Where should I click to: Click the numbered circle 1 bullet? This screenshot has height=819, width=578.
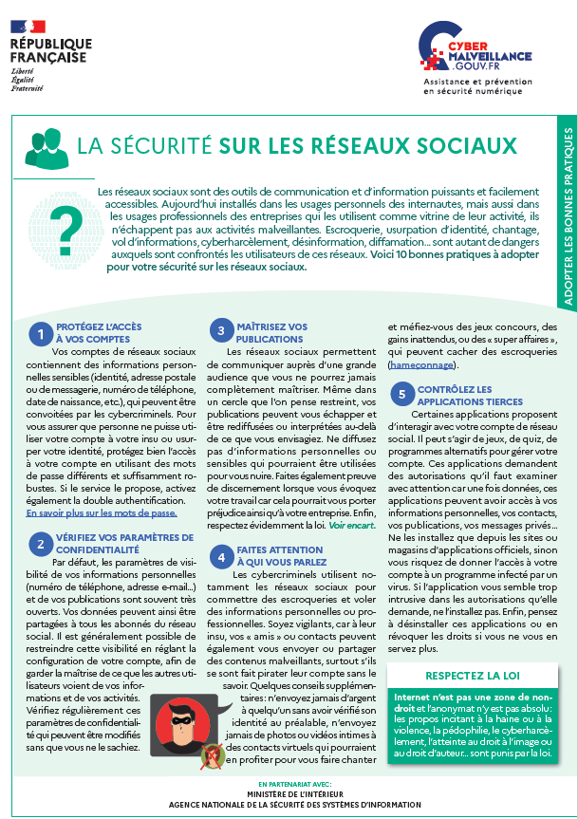tap(41, 333)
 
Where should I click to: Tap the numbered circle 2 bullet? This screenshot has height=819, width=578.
tap(41, 544)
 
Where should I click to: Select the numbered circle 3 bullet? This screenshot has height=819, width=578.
tap(220, 331)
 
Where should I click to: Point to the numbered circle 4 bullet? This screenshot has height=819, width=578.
tap(220, 555)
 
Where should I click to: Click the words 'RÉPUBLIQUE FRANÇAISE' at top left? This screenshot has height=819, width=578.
tap(51, 50)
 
